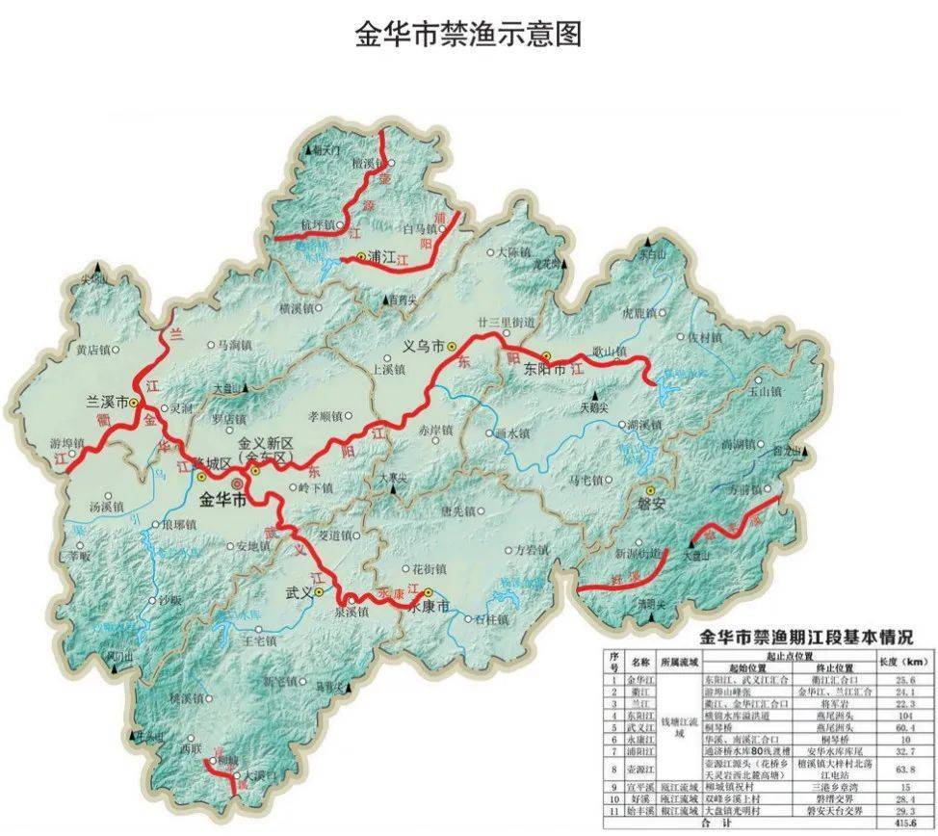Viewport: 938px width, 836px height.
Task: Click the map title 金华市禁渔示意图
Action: tap(469, 35)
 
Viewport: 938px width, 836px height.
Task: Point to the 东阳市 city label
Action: tap(521, 369)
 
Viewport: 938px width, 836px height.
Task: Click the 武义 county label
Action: tap(300, 591)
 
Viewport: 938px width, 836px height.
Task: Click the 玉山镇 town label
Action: tap(760, 393)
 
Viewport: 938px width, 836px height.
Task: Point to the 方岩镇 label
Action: tap(529, 551)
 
